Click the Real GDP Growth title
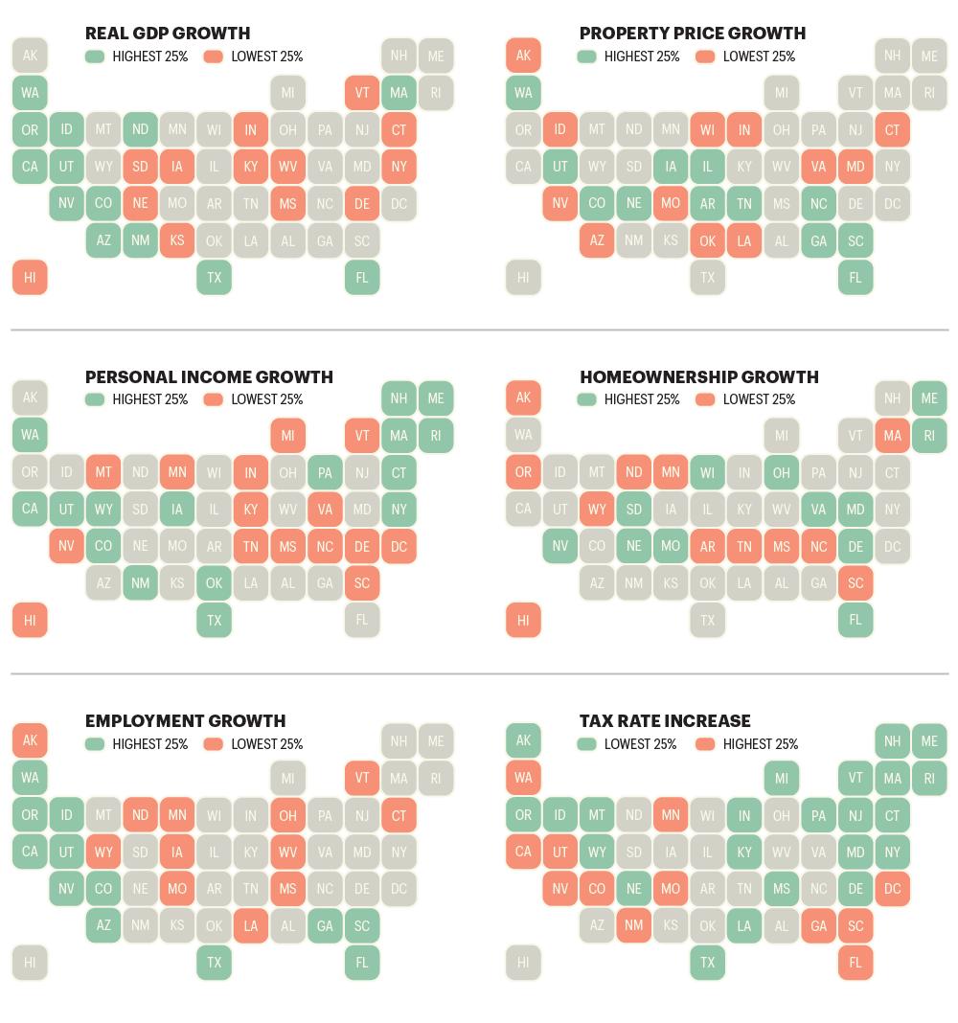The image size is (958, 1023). [x=168, y=34]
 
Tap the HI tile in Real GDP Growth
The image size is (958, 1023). [x=30, y=277]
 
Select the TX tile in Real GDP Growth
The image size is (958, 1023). [x=214, y=277]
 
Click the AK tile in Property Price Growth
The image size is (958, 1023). [x=523, y=56]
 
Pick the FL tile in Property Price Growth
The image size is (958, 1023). [x=855, y=277]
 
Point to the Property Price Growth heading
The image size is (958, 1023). [x=693, y=34]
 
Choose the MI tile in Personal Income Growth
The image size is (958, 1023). [x=287, y=435]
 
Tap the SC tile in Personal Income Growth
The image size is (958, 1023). [x=362, y=582]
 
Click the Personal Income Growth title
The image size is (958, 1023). [x=209, y=377]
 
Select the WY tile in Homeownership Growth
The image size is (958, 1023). [x=597, y=509]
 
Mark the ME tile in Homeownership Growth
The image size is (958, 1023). [x=929, y=398]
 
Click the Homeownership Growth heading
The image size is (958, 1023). [x=699, y=377]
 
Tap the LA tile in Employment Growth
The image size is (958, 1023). [x=251, y=926]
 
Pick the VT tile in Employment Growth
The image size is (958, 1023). [x=362, y=778]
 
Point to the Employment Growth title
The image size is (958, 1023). [x=185, y=721]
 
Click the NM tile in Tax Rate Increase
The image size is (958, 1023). [x=633, y=925]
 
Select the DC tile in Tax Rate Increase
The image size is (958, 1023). [x=892, y=889]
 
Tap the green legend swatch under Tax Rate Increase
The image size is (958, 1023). [x=586, y=743]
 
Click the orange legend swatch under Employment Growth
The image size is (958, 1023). [x=214, y=743]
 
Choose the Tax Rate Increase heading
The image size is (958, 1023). [x=665, y=721]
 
